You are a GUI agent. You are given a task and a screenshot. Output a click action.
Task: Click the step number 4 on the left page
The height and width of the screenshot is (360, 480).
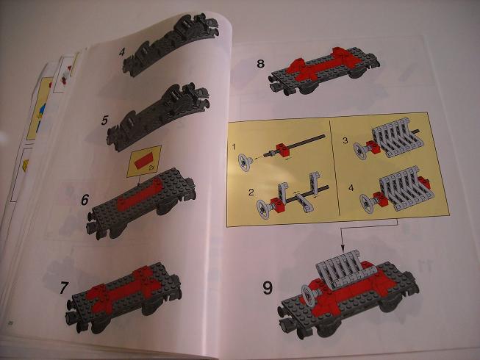click(122, 52)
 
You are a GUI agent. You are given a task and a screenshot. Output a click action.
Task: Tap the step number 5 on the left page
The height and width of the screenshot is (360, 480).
click(104, 120)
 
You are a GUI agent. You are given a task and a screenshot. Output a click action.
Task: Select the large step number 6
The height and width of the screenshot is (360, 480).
click(85, 200)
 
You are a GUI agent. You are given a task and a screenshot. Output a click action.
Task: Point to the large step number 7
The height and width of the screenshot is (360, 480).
click(64, 287)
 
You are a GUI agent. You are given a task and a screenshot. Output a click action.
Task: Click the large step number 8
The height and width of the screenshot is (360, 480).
click(260, 64)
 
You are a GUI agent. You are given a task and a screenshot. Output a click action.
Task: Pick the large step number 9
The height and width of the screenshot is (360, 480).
click(268, 288)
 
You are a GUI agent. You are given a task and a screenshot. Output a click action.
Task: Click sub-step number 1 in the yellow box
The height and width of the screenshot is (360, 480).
click(234, 147)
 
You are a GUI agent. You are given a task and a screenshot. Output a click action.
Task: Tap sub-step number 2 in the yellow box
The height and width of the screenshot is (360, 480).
click(251, 192)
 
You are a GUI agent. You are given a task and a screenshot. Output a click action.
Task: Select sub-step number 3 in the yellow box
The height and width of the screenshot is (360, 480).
click(345, 140)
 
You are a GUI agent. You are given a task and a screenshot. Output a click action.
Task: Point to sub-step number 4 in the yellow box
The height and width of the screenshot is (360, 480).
click(351, 187)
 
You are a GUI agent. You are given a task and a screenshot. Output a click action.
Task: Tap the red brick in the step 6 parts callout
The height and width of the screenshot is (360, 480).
click(144, 161)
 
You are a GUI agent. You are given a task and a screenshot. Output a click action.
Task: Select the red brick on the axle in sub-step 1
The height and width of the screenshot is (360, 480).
click(282, 148)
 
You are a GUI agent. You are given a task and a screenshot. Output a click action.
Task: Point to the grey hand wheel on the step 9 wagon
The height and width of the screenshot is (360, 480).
click(309, 295)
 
